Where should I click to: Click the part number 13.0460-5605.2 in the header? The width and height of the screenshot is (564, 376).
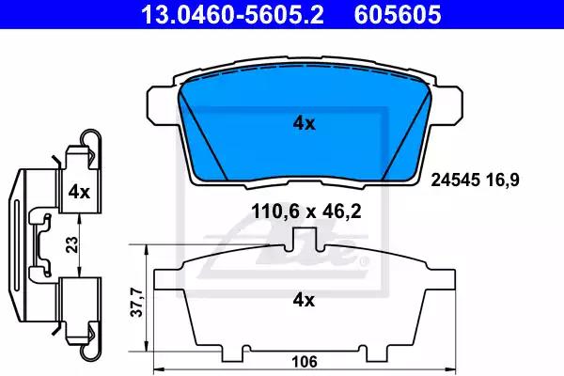tap(232, 14)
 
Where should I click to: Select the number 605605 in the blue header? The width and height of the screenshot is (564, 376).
tap(398, 14)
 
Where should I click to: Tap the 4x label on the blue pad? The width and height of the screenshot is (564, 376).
tap(304, 123)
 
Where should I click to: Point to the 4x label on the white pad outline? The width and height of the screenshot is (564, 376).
tap(304, 300)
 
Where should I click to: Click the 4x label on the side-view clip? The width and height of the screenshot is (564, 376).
tap(79, 192)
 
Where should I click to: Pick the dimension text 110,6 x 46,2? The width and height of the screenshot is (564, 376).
tap(306, 211)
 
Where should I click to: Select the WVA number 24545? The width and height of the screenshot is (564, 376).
tap(456, 180)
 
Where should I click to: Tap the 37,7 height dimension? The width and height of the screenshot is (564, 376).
tap(137, 303)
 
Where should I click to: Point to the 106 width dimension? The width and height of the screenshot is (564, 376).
tap(305, 362)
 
